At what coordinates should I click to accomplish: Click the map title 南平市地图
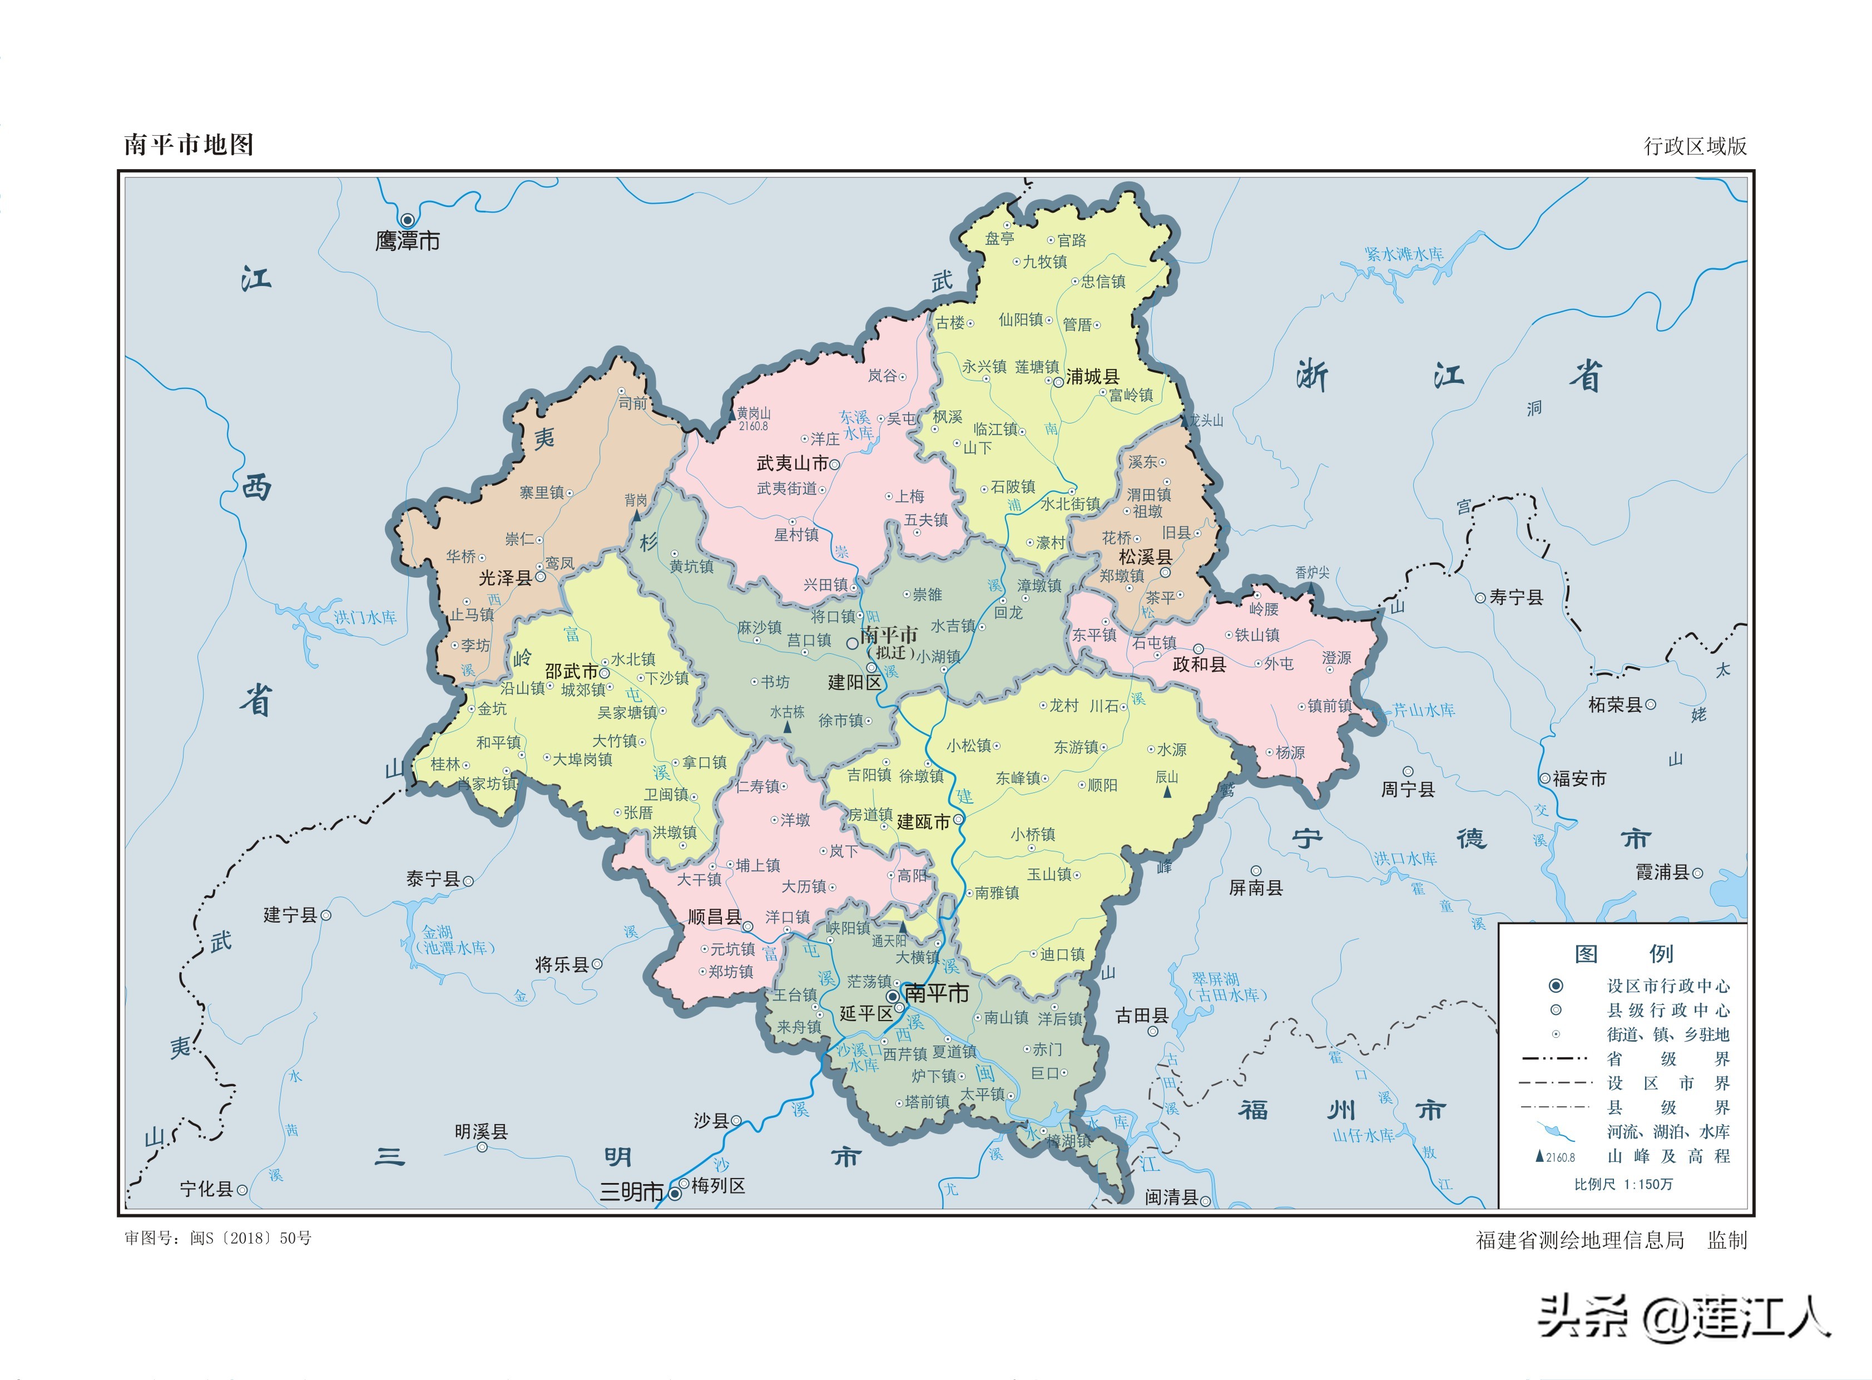coord(188,145)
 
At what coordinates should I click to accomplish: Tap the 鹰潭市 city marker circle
coord(408,220)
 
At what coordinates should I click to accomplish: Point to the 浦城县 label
coord(1092,377)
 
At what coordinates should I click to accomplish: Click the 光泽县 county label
coord(505,578)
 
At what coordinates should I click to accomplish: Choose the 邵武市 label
coord(571,672)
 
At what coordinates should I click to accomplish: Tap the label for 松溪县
coord(1145,557)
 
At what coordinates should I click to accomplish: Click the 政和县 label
coord(1199,664)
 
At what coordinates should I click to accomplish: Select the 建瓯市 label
coord(923,822)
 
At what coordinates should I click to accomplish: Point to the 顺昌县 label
coord(714,917)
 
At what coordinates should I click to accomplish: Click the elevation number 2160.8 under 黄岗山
coord(753,427)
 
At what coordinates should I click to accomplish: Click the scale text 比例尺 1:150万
coord(1623,1185)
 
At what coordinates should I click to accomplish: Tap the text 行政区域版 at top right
coord(1695,146)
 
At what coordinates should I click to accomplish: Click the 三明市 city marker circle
coord(675,1194)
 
